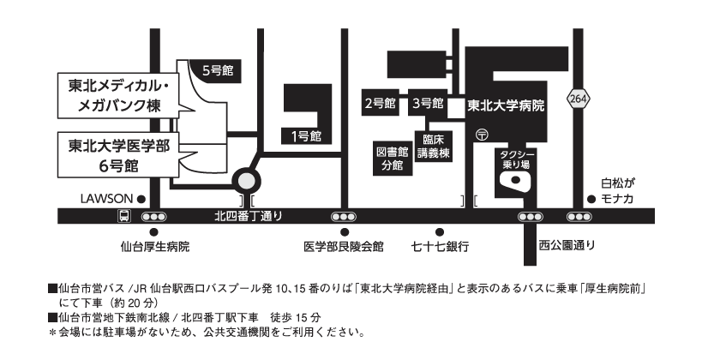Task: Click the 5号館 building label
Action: click(x=218, y=70)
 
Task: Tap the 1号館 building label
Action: click(x=306, y=136)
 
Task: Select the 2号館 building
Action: click(x=381, y=103)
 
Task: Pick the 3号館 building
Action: click(x=428, y=103)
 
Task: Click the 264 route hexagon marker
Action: click(x=578, y=99)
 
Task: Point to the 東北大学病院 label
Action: click(x=506, y=106)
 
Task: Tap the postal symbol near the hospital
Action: click(x=482, y=135)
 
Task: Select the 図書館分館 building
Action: click(x=392, y=158)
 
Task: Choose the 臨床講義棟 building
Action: click(x=433, y=147)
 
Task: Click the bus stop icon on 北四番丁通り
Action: click(x=124, y=216)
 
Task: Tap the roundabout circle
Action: click(x=246, y=181)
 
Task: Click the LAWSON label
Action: click(x=106, y=199)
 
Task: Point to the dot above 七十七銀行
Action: click(x=440, y=232)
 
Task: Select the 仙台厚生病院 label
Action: click(x=155, y=247)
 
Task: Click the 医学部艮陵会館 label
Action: click(x=344, y=247)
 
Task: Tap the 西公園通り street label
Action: click(x=567, y=245)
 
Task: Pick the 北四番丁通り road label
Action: click(x=249, y=216)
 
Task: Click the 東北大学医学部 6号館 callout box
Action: click(x=118, y=155)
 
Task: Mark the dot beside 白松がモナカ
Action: click(x=591, y=199)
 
